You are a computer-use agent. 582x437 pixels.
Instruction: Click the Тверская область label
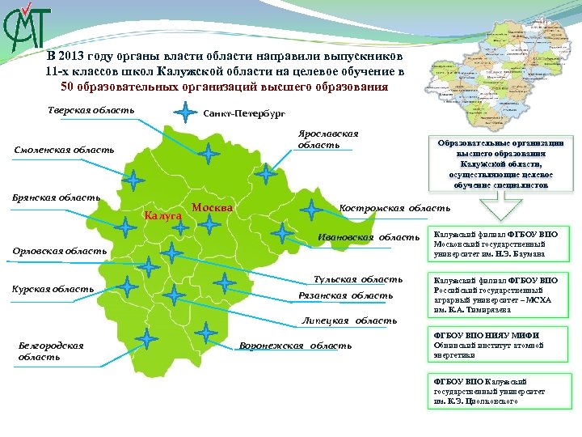pyautogui.click(x=90, y=111)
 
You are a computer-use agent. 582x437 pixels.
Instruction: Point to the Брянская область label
pyautogui.click(x=56, y=197)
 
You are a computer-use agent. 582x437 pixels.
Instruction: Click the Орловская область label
pyautogui.click(x=59, y=251)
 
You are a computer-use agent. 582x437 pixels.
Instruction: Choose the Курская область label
pyautogui.click(x=53, y=289)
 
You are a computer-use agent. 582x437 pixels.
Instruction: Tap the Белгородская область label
pyautogui.click(x=51, y=350)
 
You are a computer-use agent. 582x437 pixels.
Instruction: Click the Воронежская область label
pyautogui.click(x=296, y=346)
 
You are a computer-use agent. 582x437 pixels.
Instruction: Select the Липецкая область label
pyautogui.click(x=349, y=320)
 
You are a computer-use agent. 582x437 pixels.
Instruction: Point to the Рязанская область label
pyautogui.click(x=346, y=295)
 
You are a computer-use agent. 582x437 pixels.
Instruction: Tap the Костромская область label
pyautogui.click(x=395, y=208)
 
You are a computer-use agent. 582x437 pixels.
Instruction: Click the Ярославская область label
pyautogui.click(x=328, y=138)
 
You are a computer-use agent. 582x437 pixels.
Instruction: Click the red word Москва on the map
pyautogui.click(x=213, y=208)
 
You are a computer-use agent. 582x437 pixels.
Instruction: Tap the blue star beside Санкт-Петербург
pyautogui.click(x=186, y=112)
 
